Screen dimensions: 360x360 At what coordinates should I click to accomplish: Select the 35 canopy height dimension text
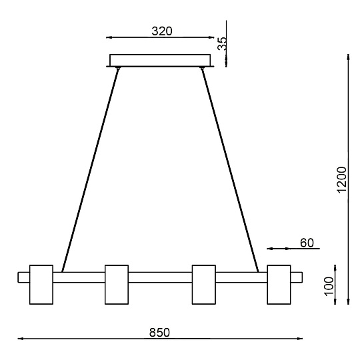223,43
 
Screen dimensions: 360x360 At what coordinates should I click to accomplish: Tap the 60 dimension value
306,243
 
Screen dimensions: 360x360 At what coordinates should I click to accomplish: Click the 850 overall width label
159,331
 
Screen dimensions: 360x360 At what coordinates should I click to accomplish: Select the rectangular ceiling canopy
160,60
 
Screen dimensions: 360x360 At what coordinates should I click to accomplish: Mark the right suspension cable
230,170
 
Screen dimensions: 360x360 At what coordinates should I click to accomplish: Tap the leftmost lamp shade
41,284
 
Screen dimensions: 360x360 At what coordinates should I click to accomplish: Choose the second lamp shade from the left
116,284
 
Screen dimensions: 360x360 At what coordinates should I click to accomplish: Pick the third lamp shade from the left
203,284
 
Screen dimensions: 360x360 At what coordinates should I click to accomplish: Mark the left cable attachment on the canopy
118,68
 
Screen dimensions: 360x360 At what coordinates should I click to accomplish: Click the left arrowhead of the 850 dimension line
20,339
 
